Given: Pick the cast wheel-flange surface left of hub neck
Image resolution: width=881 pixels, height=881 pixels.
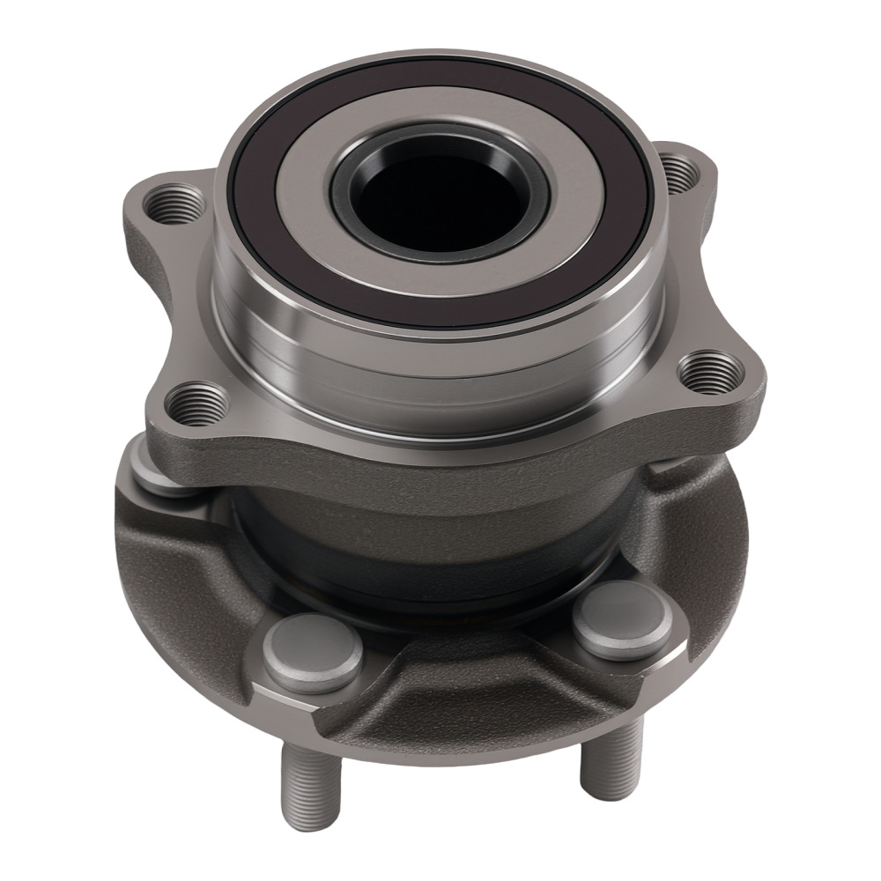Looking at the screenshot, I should tap(176, 546).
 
